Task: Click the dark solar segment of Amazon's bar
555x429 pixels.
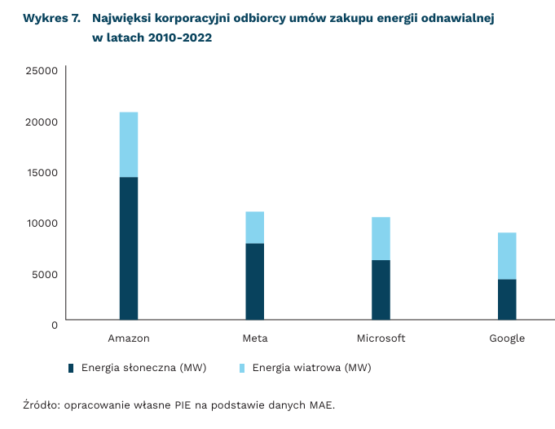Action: pyautogui.click(x=129, y=248)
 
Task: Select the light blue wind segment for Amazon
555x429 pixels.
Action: pyautogui.click(x=129, y=144)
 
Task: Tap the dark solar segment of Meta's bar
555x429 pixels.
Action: pyautogui.click(x=254, y=281)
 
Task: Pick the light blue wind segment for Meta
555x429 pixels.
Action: pyautogui.click(x=254, y=228)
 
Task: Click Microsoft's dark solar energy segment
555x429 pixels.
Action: pyautogui.click(x=381, y=290)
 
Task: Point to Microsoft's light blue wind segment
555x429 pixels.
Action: pyautogui.click(x=381, y=238)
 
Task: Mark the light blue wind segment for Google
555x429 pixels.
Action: pyautogui.click(x=507, y=256)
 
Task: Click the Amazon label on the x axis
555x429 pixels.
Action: pyautogui.click(x=129, y=338)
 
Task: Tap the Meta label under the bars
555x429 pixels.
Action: pyautogui.click(x=254, y=338)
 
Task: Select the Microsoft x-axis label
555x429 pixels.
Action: pyautogui.click(x=381, y=338)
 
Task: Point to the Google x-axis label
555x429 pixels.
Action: pyautogui.click(x=507, y=338)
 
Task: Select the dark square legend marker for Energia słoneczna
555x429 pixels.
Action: pyautogui.click(x=72, y=368)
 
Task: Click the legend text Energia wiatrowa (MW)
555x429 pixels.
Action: pyautogui.click(x=311, y=368)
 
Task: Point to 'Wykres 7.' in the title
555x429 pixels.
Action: pyautogui.click(x=51, y=18)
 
